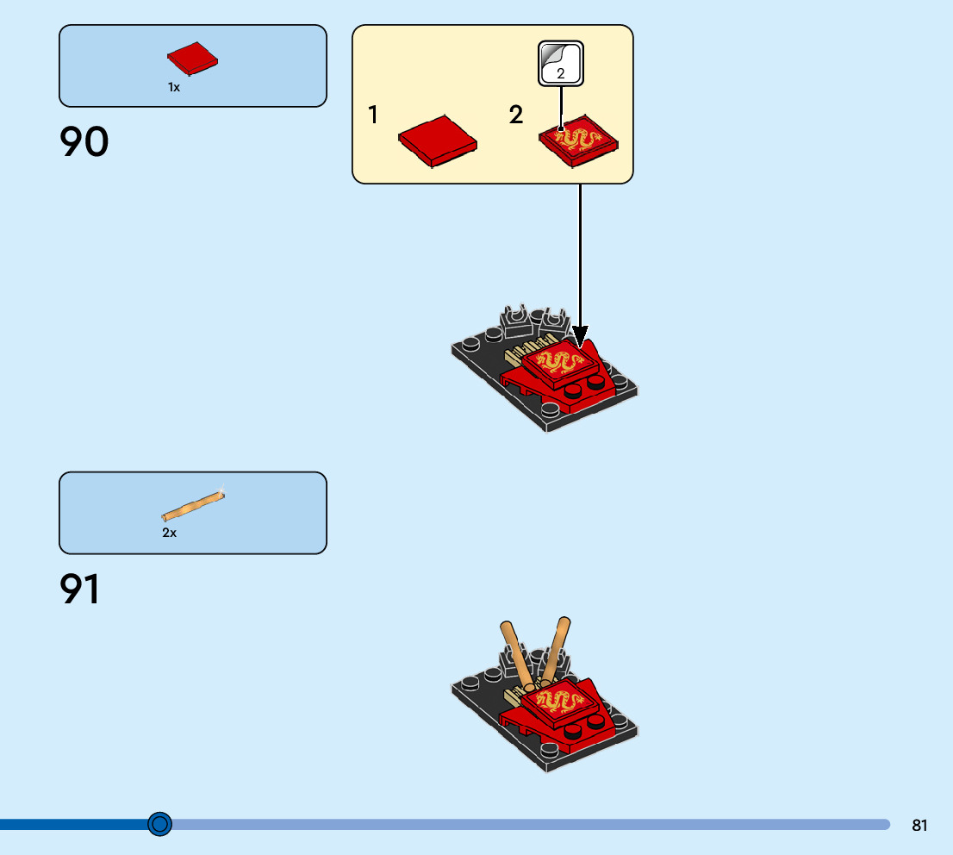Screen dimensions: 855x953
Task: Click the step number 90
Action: [84, 142]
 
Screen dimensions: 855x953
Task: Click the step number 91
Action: [79, 590]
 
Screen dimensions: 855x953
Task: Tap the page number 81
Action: [919, 825]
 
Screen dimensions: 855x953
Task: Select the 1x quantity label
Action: [174, 87]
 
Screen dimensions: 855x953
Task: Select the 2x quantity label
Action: [170, 533]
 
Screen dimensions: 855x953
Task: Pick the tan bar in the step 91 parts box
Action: [193, 506]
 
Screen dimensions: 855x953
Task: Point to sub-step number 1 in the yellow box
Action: [373, 115]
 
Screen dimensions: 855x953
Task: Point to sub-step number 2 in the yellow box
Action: [516, 115]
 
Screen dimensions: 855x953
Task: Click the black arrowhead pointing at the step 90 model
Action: [580, 334]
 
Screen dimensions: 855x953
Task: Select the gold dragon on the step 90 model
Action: [559, 362]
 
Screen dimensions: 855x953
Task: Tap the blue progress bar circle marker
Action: [159, 824]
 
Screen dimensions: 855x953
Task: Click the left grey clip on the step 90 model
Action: [517, 321]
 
